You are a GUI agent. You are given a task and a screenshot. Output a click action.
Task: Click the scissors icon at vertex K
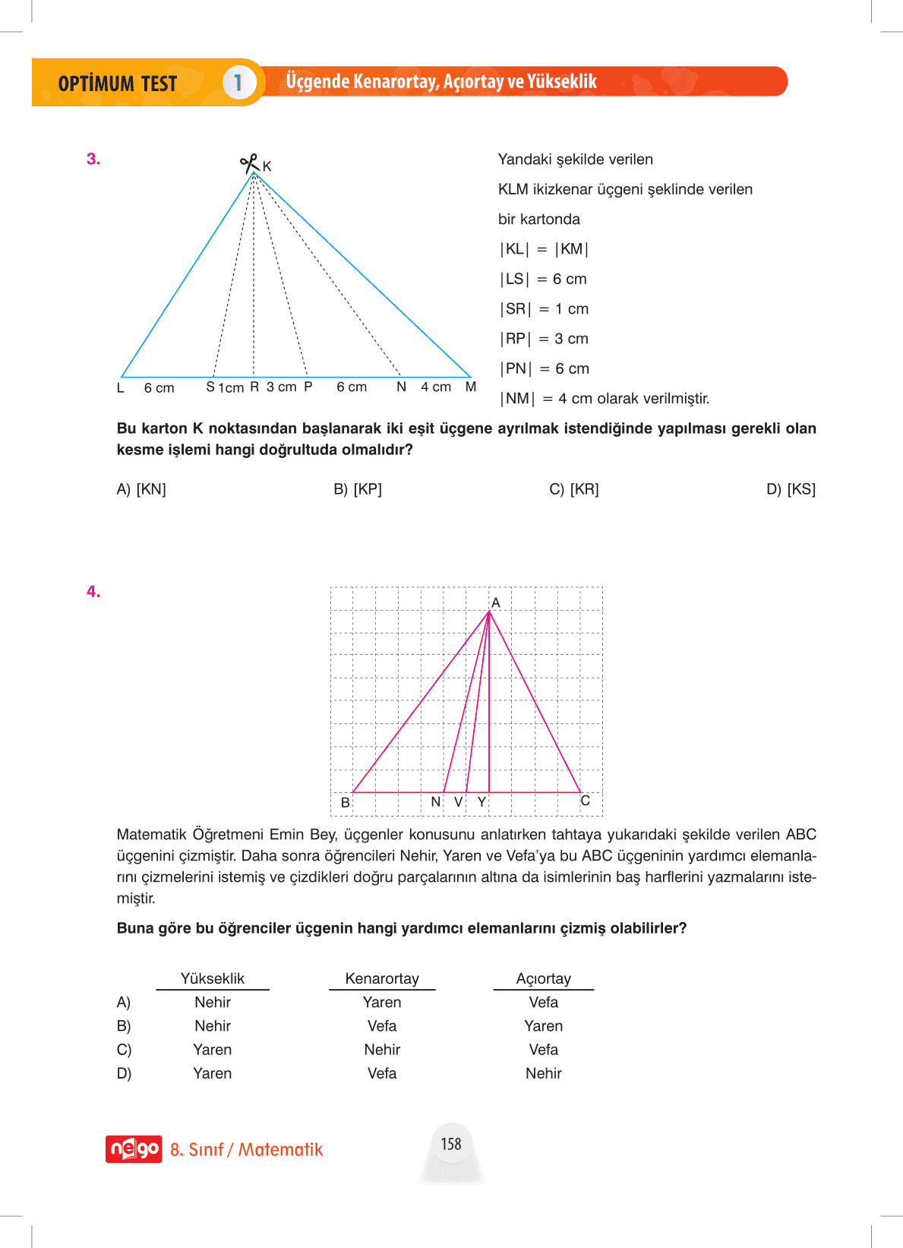click(248, 163)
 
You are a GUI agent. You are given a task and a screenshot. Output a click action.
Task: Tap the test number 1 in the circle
click(238, 82)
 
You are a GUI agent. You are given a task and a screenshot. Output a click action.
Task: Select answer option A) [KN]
click(141, 489)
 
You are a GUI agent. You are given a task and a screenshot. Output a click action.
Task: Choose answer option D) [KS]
click(791, 489)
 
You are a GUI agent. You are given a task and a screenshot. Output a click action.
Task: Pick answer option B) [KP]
click(358, 489)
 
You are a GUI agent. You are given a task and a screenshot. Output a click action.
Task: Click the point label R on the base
click(254, 387)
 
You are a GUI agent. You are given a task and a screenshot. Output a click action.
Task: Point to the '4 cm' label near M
click(436, 387)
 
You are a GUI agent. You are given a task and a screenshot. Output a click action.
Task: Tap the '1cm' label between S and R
click(231, 388)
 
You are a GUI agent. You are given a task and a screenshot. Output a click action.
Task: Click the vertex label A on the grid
click(496, 603)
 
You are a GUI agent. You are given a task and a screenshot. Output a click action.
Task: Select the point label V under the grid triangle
click(459, 802)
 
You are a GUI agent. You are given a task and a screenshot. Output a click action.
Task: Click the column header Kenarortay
click(382, 978)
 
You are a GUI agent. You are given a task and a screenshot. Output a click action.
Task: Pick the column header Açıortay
click(544, 978)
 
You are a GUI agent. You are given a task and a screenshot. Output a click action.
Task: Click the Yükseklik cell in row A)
click(213, 1003)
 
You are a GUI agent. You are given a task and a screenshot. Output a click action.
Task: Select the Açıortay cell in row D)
click(544, 1073)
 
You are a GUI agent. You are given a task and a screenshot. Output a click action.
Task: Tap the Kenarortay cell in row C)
click(382, 1050)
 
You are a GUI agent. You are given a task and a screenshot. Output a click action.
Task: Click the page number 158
click(451, 1144)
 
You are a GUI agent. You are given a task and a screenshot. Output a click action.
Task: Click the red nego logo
click(134, 1149)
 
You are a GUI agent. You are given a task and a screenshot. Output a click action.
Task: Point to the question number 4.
click(93, 592)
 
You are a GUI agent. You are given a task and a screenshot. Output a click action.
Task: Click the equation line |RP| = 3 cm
click(544, 339)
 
